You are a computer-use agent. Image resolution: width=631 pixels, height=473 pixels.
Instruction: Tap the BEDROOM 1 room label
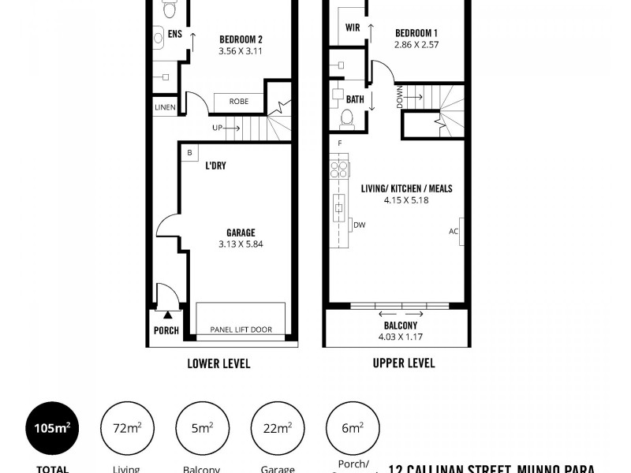point(416,32)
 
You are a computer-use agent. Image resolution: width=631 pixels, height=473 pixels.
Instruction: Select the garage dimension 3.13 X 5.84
point(241,244)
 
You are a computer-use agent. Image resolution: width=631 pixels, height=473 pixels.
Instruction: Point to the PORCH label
point(166,330)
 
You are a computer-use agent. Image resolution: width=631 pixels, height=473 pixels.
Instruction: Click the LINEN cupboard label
point(165,108)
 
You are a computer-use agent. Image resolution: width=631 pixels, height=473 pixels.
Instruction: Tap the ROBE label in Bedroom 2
point(239,102)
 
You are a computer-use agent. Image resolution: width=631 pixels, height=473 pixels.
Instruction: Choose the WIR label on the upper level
point(353,28)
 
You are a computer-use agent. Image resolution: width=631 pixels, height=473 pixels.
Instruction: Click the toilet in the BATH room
point(346,118)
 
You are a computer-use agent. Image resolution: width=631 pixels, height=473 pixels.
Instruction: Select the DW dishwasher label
point(359,225)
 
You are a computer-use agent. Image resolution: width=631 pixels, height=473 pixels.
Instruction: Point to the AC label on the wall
point(454,232)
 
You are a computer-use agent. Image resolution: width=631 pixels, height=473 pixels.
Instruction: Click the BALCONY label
point(401,325)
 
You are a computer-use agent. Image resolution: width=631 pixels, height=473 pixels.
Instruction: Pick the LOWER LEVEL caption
point(218,363)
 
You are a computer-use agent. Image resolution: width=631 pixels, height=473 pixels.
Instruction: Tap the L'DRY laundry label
point(216,166)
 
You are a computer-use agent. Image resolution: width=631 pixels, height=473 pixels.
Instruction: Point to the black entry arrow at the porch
point(166,315)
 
